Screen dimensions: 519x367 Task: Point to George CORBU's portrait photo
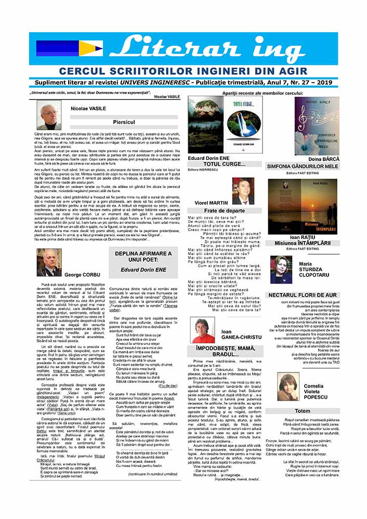click(50, 262)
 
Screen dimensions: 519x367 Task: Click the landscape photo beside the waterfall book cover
click(205, 124)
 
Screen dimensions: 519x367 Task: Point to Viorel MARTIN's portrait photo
click(243, 191)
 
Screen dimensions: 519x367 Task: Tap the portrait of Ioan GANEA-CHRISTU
click(203, 329)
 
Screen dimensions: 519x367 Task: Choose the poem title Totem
click(302, 411)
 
